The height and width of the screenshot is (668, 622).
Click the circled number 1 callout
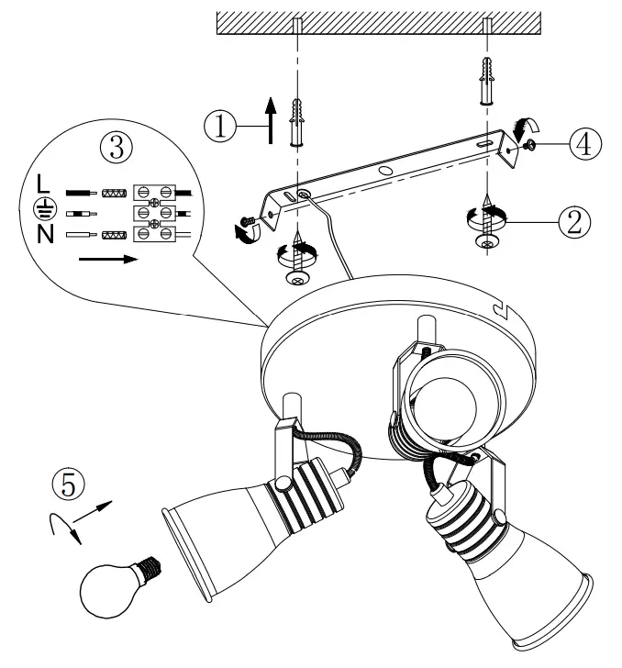pyautogui.click(x=221, y=127)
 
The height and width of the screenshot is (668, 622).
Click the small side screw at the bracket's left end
pyautogui.click(x=248, y=221)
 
